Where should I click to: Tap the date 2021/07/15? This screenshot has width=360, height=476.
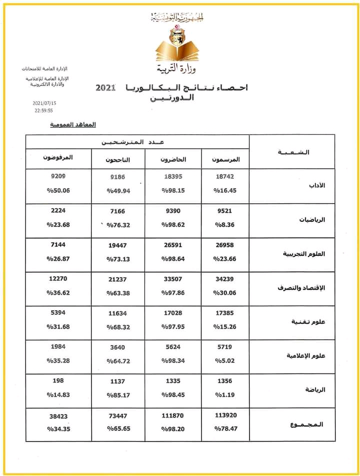click(x=44, y=103)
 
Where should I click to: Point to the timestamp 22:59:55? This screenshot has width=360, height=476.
click(x=44, y=110)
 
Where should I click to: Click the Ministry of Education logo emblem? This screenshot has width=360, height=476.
click(x=176, y=42)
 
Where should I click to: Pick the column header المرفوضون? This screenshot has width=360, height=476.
click(x=58, y=157)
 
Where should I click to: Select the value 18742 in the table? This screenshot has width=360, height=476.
click(x=224, y=176)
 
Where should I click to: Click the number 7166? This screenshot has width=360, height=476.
click(x=118, y=211)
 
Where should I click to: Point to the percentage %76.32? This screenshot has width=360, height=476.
click(x=118, y=225)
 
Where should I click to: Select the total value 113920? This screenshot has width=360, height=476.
click(x=224, y=415)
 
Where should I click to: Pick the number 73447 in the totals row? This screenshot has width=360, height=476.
click(x=118, y=415)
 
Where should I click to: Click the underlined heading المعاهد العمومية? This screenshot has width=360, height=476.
click(x=73, y=124)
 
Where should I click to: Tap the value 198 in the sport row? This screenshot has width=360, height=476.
click(x=58, y=381)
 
